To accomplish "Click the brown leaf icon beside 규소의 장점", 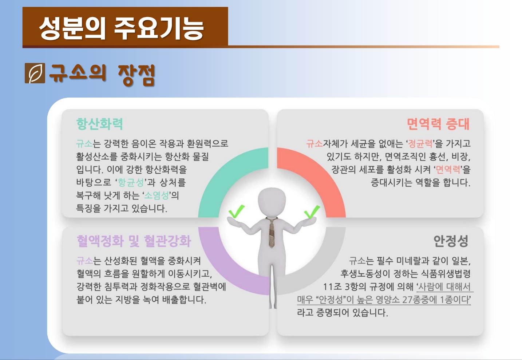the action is (35, 73).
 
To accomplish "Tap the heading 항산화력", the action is (99, 124).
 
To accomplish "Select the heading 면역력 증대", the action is (438, 124).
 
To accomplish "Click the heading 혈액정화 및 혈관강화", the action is (134, 241).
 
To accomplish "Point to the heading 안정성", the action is (451, 241).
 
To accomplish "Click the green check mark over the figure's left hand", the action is (236, 211).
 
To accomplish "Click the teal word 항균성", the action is (131, 182).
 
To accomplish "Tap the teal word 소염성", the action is (157, 195).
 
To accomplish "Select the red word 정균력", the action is (420, 143).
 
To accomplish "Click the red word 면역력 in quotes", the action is (448, 169).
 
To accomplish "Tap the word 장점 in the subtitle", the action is (137, 75).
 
